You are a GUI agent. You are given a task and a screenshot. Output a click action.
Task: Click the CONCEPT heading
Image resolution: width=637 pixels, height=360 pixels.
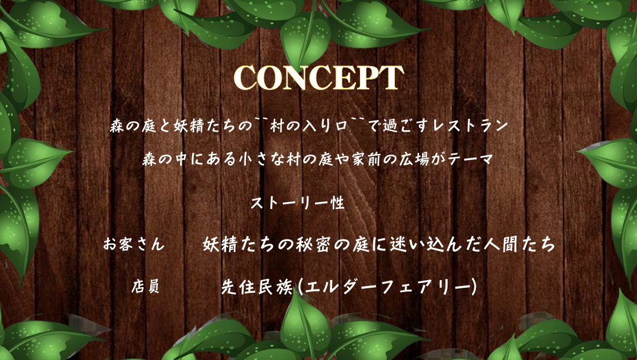[x=319, y=77]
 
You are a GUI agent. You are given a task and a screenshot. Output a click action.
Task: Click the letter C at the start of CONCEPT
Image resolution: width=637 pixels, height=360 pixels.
[x=245, y=78]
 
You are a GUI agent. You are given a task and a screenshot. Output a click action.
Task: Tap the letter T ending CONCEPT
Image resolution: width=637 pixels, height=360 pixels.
[x=392, y=78]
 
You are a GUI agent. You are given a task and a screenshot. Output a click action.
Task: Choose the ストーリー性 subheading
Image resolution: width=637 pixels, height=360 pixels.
[x=298, y=203]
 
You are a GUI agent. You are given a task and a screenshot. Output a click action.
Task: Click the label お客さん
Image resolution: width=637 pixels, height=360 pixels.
[x=134, y=244]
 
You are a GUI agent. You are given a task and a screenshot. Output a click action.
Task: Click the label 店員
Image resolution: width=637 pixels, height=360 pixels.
[x=145, y=287]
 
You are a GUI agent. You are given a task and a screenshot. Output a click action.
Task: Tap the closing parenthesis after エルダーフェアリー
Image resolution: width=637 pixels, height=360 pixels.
[x=472, y=287]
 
